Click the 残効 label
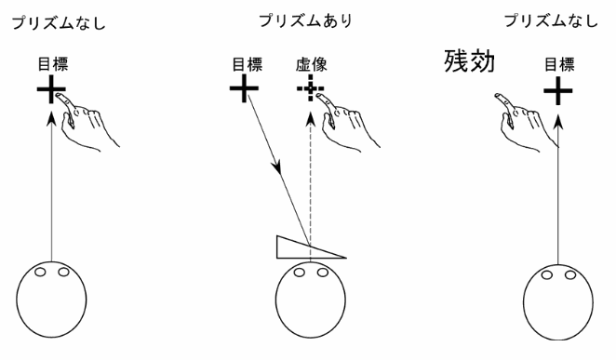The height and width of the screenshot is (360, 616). [x=468, y=62]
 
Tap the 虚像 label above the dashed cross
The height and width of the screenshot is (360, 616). [x=313, y=66]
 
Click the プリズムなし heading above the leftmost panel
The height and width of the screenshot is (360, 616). [x=57, y=20]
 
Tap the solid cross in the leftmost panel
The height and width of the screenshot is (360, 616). [x=53, y=90]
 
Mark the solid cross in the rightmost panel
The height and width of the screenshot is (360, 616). [x=557, y=90]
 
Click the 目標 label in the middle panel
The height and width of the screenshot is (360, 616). [x=243, y=66]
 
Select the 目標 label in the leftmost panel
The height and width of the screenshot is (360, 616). [x=53, y=66]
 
